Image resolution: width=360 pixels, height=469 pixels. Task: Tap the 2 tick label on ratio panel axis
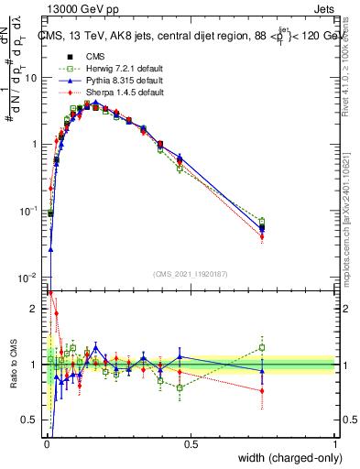(35, 309)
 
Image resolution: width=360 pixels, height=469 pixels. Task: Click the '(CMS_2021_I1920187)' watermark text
(190, 274)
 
